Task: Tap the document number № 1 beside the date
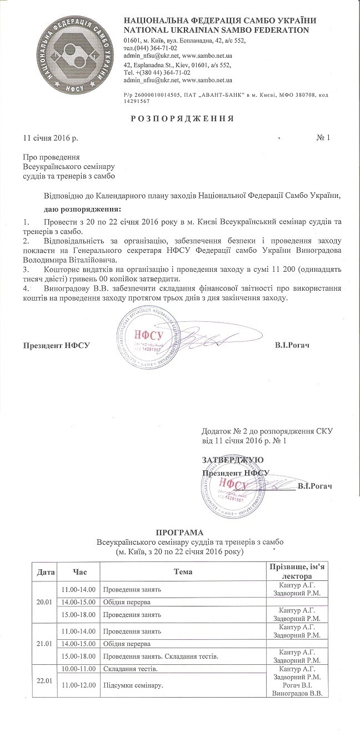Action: point(323,137)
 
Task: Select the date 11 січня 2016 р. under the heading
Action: point(51,137)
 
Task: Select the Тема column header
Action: point(183,571)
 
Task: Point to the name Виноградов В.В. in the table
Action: point(298,694)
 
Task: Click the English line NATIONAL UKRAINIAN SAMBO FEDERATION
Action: point(216,29)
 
